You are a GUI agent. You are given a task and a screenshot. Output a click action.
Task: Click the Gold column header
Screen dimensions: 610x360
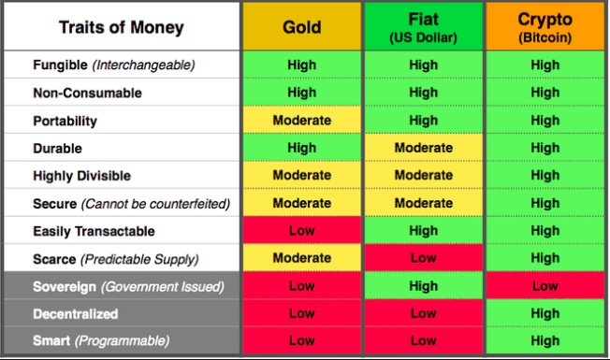tap(302, 26)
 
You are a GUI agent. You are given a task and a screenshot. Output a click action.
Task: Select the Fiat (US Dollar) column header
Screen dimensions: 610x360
tap(423, 26)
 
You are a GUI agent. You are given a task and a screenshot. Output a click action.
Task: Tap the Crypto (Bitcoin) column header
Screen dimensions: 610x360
tap(545, 26)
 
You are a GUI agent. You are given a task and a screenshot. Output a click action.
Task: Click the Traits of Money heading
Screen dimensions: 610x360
tap(122, 27)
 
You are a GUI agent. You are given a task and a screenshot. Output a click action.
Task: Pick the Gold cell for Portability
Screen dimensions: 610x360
tap(302, 120)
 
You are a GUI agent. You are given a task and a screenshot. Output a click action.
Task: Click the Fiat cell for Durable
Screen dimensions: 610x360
tap(423, 148)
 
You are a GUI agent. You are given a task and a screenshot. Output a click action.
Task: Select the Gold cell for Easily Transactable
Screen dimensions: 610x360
tap(302, 231)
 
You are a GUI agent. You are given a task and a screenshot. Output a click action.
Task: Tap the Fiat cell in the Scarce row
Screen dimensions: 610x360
tap(423, 258)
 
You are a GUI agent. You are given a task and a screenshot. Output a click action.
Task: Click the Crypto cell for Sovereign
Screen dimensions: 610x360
tap(545, 286)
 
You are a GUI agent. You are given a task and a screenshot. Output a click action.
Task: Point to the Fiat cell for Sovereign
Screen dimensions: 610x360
tap(423, 286)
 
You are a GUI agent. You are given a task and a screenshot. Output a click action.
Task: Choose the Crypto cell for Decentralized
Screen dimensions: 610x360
tap(545, 313)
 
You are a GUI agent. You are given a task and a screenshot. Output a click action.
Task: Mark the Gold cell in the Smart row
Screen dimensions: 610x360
tap(302, 340)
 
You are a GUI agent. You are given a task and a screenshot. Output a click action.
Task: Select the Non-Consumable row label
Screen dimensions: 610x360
tap(88, 93)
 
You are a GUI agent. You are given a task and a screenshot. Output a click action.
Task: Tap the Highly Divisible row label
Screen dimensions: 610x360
tap(81, 176)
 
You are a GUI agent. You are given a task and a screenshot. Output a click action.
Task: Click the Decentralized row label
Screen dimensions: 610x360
tap(76, 314)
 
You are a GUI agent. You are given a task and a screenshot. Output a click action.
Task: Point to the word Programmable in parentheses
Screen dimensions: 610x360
tap(123, 341)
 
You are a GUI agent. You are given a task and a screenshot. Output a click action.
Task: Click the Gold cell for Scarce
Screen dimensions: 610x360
tap(302, 258)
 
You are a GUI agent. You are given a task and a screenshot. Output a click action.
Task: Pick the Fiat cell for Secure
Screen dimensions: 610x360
tap(423, 203)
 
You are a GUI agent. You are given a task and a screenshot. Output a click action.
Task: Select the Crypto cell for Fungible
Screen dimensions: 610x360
tap(545, 65)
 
